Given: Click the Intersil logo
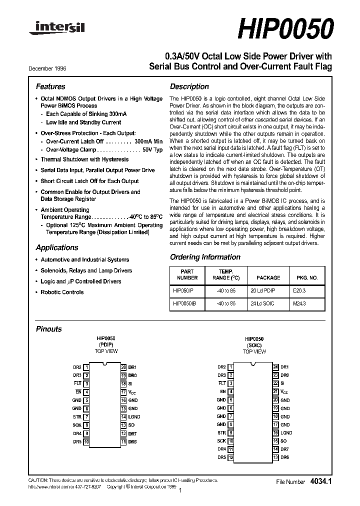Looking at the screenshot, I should point(56,30).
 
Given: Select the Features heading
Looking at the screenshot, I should point(50,86).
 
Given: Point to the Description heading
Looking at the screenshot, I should point(189,86).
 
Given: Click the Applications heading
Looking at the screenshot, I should point(57,247).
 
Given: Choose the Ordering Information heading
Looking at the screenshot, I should point(205,257).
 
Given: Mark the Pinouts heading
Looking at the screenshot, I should point(49,329).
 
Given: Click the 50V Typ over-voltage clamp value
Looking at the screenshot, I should point(152,149).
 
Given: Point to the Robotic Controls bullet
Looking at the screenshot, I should point(62,292).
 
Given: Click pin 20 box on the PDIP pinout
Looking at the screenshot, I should point(123,367).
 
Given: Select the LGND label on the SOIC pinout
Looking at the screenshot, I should point(286,432).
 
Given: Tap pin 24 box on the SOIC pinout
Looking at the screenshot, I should point(275,367).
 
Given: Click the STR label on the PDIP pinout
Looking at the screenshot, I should point(77,416).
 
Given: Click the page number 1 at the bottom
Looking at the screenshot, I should point(179,491).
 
